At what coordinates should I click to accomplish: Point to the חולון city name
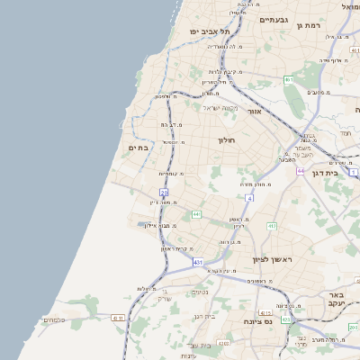click(226, 140)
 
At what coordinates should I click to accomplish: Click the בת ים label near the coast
click(138, 148)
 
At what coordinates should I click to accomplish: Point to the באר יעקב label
click(336, 300)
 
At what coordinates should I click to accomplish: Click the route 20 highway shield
click(164, 192)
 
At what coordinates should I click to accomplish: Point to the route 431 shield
click(198, 262)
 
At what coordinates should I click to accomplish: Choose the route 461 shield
click(289, 80)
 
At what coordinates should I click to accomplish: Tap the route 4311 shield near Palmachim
click(118, 318)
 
